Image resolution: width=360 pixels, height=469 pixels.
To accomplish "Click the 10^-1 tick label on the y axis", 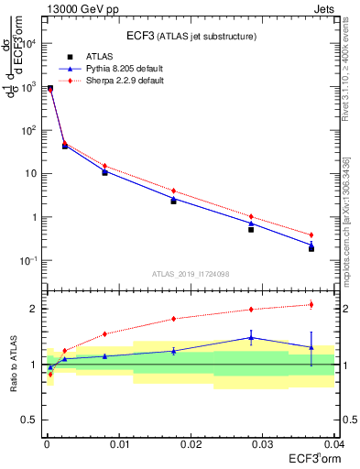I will point(28,261).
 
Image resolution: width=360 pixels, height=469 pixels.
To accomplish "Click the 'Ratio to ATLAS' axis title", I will point(13,364).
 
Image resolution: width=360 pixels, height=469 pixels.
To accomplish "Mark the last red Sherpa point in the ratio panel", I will point(311,304).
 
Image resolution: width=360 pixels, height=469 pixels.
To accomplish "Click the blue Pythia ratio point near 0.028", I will point(251,337).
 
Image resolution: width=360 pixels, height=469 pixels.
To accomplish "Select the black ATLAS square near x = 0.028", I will point(251,229).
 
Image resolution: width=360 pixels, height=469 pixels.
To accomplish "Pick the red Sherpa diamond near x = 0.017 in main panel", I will point(173,191).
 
